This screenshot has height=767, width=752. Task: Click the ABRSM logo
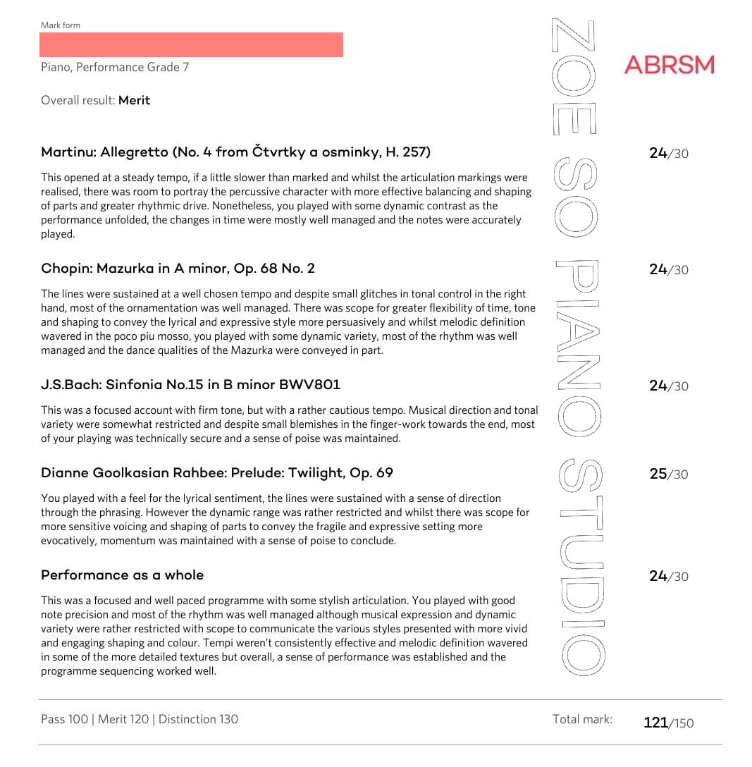click(669, 65)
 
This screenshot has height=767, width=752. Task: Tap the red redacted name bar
click(191, 44)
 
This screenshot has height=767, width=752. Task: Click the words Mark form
click(61, 25)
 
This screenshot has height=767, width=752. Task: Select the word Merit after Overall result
click(134, 100)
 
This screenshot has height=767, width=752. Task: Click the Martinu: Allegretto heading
click(235, 152)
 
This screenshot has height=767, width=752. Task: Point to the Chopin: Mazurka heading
click(178, 269)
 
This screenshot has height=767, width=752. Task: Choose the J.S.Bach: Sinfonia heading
click(190, 385)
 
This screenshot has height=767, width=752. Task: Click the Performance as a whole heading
click(122, 575)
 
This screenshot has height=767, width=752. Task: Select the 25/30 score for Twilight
click(668, 474)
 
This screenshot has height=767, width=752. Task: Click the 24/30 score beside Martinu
click(668, 154)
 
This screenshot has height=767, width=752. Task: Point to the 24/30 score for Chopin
click(668, 270)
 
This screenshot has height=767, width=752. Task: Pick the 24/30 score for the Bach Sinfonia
click(668, 386)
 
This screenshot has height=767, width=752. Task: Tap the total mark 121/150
click(668, 723)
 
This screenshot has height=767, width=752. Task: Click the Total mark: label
click(582, 719)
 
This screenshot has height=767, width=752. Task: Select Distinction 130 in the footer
click(198, 719)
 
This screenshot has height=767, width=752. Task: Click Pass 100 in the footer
click(64, 719)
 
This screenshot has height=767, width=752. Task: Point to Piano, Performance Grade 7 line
click(115, 68)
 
